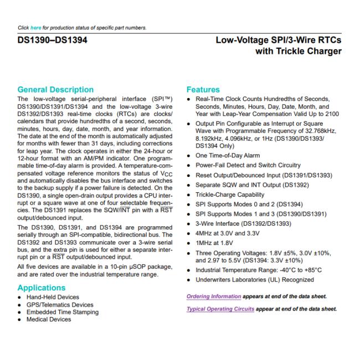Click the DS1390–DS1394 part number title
click(x=53, y=40)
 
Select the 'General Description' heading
click(x=55, y=89)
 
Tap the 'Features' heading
click(x=203, y=89)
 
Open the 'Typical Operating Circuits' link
click(x=220, y=308)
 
